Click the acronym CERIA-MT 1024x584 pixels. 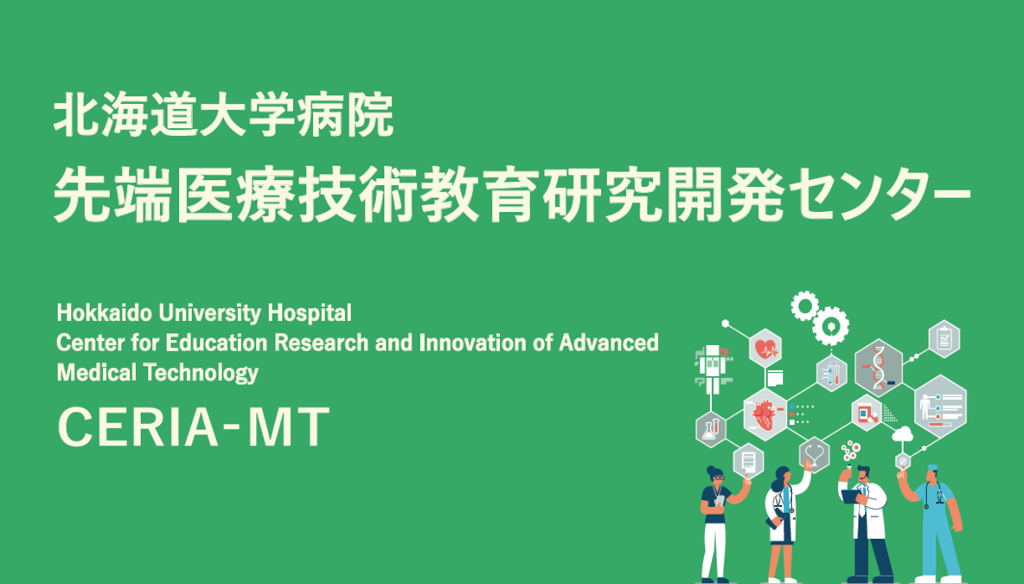194,427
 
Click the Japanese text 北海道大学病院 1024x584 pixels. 224,115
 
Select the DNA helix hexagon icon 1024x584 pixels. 879,368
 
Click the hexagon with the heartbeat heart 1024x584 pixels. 765,349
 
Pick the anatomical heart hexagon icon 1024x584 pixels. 765,414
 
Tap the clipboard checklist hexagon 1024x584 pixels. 944,338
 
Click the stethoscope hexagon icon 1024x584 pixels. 814,454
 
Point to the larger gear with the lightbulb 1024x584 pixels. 830,325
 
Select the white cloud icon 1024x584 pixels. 903,433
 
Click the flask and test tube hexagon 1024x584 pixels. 711,429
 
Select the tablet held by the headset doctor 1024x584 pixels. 850,497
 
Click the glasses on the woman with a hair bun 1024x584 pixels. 719,478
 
